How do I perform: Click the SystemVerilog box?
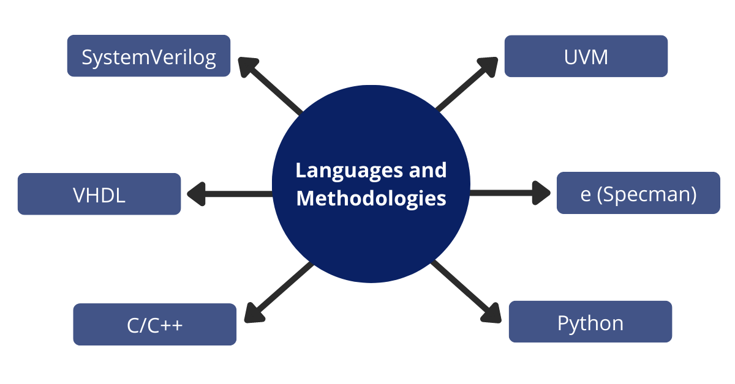click(x=149, y=56)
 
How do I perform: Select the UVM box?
click(x=586, y=56)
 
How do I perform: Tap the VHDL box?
click(x=99, y=194)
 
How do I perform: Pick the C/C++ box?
click(x=154, y=324)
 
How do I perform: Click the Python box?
click(x=590, y=322)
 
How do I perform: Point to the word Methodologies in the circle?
click(x=371, y=198)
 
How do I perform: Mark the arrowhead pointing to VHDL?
click(x=195, y=194)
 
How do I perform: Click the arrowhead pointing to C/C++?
click(x=255, y=312)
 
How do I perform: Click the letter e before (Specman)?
click(x=585, y=194)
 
